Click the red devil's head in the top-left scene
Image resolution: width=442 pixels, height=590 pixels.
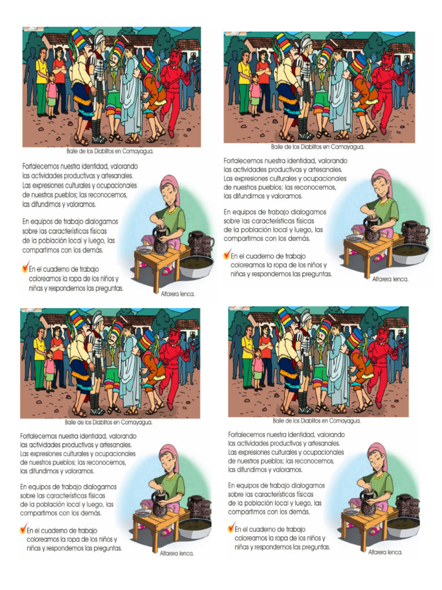coord(175,57)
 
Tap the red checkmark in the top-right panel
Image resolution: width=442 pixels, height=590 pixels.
coord(226,254)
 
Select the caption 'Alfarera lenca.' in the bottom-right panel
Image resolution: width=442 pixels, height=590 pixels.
coord(386,551)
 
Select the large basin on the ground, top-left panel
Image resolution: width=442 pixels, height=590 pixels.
coord(196,266)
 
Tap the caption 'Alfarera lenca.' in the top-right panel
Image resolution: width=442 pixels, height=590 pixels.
coord(390,278)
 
